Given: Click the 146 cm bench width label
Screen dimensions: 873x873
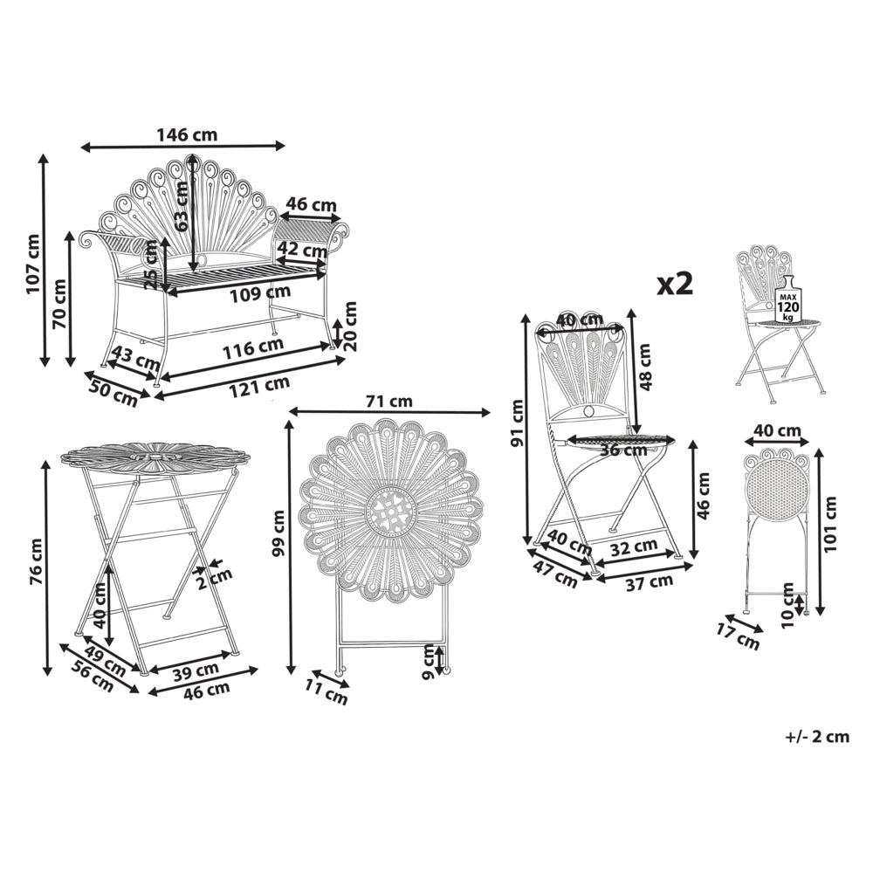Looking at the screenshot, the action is tap(187, 134).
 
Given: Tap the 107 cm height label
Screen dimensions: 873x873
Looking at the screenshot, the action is tap(33, 264).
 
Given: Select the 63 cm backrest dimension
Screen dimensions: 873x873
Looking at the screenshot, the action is tap(182, 207).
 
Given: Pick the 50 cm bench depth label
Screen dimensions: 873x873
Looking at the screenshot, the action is tap(113, 390).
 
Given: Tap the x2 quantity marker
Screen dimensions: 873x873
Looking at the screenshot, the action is tap(676, 285).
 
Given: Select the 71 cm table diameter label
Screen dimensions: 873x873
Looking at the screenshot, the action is tap(389, 401).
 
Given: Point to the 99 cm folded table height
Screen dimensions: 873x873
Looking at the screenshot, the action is tap(278, 533).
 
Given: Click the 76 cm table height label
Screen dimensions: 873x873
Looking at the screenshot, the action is tap(36, 561).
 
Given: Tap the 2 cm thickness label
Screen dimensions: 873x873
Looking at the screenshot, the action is tap(215, 579).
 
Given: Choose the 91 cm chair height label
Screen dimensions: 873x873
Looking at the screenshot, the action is tap(517, 423).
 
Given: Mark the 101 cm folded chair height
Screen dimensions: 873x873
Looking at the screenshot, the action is tap(830, 524).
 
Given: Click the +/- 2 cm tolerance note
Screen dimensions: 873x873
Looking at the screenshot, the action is tap(817, 737).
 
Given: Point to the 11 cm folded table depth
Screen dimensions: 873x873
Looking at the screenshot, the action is tap(327, 691).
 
